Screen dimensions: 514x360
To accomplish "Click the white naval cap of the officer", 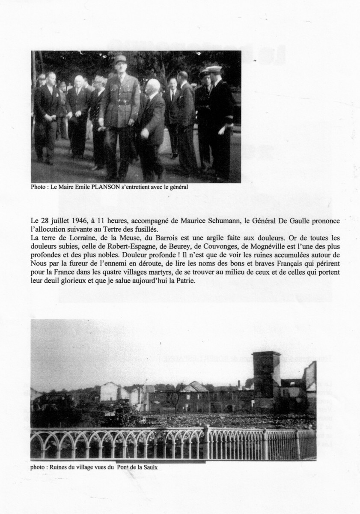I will coord(214,69).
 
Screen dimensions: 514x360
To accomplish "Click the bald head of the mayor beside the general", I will coord(153,85).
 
